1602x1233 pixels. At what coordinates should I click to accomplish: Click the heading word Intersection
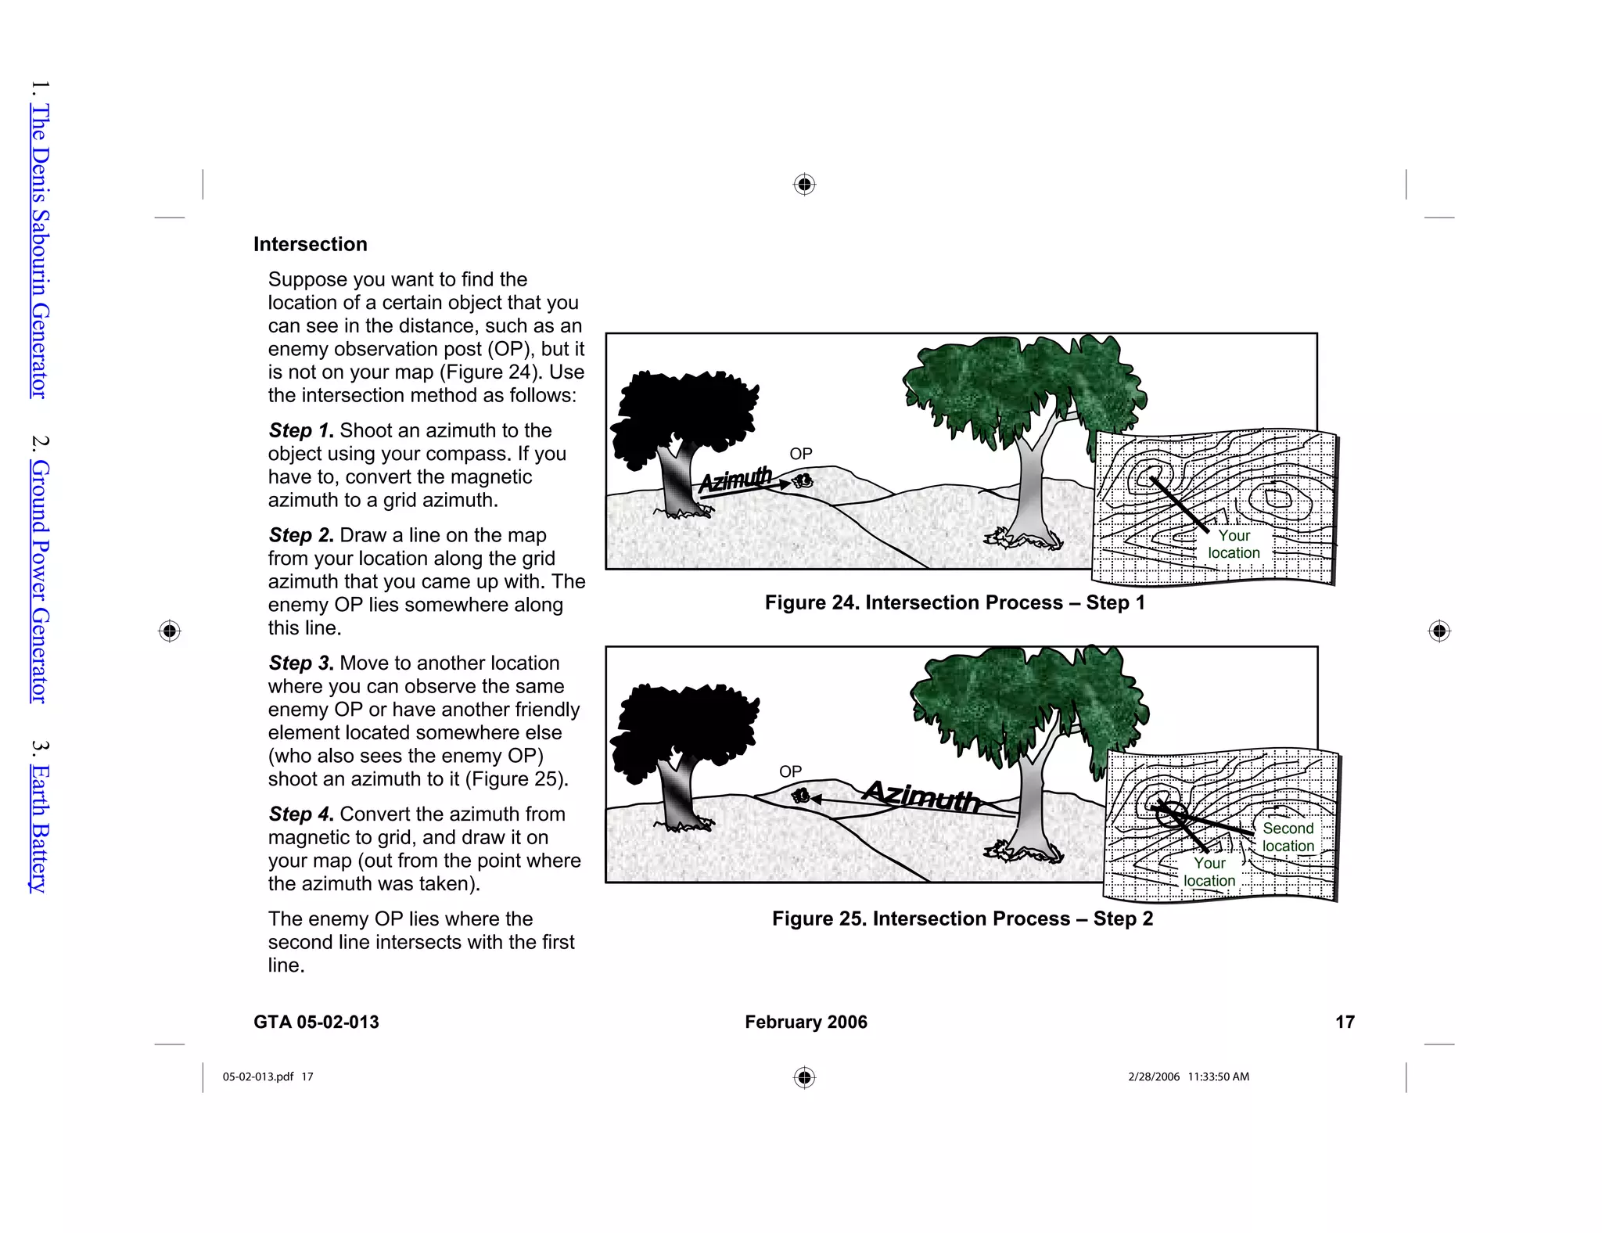tap(310, 244)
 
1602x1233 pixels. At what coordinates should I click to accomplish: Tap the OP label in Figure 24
tap(800, 454)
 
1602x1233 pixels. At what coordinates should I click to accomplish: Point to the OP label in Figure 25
tap(790, 771)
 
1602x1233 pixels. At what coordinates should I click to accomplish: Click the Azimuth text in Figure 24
tap(735, 480)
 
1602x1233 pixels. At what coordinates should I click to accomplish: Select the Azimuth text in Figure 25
tap(921, 796)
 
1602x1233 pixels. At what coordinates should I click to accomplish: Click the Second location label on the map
tap(1288, 837)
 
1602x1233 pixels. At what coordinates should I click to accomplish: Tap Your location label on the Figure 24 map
tap(1234, 545)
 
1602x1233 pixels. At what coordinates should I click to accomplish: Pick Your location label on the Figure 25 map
tap(1209, 872)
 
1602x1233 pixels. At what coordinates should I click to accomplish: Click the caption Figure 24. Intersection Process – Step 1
tap(954, 602)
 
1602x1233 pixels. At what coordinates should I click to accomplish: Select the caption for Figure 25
tap(962, 918)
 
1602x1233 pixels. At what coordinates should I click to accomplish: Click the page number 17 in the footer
tap(1345, 1022)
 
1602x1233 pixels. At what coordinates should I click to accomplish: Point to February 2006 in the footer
tap(806, 1022)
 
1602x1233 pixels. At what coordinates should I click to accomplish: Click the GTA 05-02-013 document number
tap(316, 1022)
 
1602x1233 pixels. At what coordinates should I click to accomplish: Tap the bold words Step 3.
tap(301, 663)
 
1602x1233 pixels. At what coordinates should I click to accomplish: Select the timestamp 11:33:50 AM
tap(1218, 1077)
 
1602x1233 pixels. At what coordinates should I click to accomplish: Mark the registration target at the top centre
tap(804, 185)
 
